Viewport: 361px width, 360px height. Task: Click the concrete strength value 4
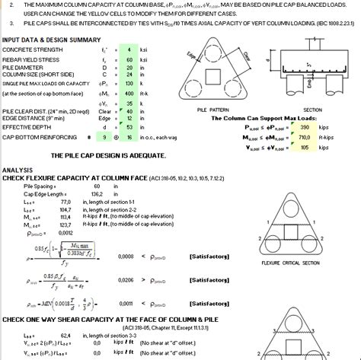[130, 48]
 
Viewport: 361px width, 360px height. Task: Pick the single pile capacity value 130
[130, 84]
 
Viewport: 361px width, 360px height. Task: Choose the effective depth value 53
[130, 128]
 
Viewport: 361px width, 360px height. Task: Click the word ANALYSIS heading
[19, 170]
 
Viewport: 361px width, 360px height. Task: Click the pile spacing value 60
[94, 185]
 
